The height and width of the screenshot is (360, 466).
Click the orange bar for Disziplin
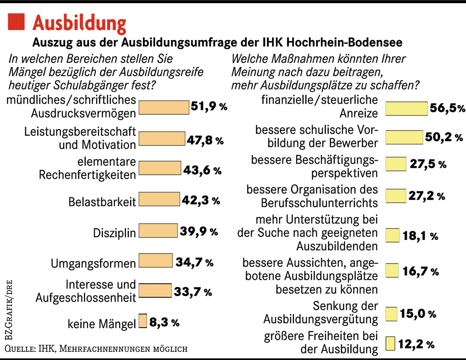tap(158, 231)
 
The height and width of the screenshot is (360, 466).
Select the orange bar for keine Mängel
tap(143, 321)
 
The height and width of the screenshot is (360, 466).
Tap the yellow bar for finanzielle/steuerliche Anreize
tap(406, 108)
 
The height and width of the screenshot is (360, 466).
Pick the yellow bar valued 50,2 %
tap(404, 137)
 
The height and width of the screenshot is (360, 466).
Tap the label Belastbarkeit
tap(102, 202)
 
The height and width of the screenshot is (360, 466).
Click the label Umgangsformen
tap(93, 263)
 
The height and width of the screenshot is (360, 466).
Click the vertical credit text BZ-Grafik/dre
tap(9, 309)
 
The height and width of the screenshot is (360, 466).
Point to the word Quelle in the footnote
tap(18, 349)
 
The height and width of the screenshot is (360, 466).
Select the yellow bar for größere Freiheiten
tap(390, 343)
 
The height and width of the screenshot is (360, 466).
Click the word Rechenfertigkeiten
tap(87, 175)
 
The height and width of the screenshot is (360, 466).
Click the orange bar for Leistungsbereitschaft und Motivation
tap(162, 138)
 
